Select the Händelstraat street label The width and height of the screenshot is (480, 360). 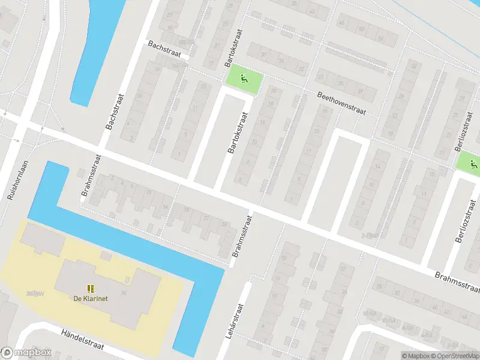(83, 339)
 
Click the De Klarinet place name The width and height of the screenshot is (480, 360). (91, 299)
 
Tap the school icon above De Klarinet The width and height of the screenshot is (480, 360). (91, 289)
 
